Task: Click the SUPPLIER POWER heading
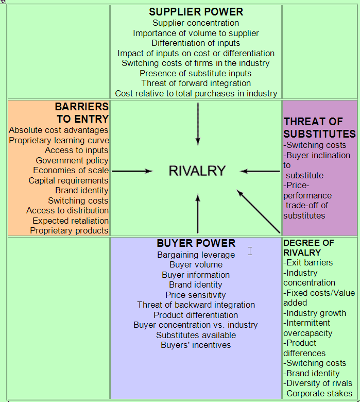(x=196, y=12)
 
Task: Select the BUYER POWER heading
(x=196, y=243)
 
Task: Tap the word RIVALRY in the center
(x=197, y=171)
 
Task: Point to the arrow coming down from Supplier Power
(x=198, y=124)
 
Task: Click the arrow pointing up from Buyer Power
(x=198, y=213)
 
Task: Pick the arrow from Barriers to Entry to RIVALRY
(x=132, y=171)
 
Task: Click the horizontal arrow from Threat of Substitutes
(x=260, y=171)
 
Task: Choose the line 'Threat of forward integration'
(x=196, y=83)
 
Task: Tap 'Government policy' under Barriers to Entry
(x=72, y=161)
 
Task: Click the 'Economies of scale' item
(x=71, y=171)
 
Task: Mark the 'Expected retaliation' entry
(x=71, y=221)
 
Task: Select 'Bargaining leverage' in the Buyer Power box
(x=196, y=255)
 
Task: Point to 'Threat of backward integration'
(x=196, y=305)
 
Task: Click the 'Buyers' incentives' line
(x=196, y=345)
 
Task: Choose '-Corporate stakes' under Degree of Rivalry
(x=318, y=393)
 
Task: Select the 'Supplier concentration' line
(x=196, y=23)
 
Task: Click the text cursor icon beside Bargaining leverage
(x=250, y=251)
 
